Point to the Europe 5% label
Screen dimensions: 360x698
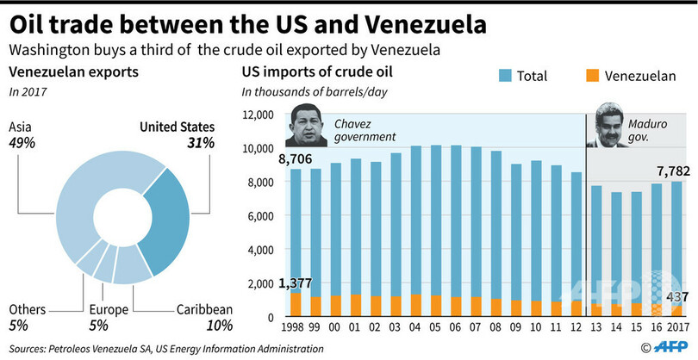click(x=109, y=317)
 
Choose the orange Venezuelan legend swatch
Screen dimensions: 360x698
click(x=593, y=76)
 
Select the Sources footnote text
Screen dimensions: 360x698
click(x=165, y=348)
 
